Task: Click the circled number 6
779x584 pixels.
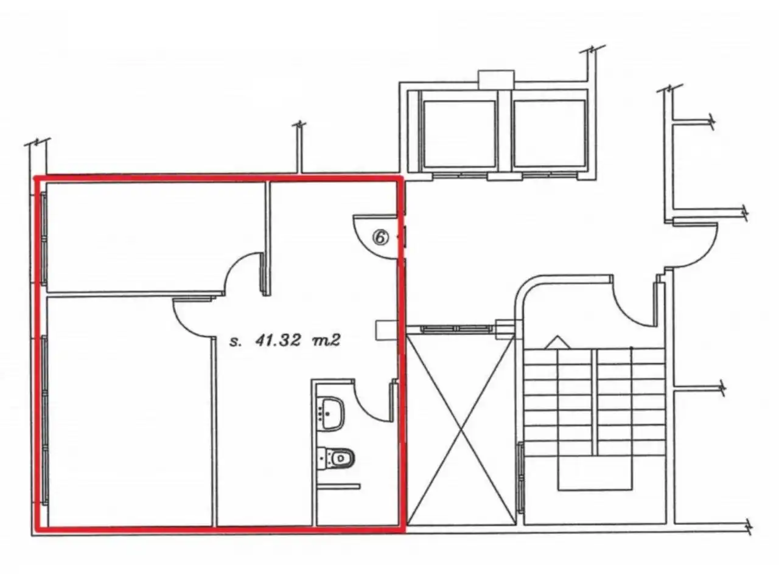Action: [x=380, y=237]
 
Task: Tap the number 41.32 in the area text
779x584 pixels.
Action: [x=278, y=341]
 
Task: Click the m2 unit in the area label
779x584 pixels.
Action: [x=326, y=341]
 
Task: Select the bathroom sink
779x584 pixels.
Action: [x=332, y=414]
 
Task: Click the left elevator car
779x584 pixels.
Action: [x=459, y=134]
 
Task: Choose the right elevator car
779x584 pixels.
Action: [x=549, y=134]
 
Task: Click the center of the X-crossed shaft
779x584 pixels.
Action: [x=461, y=430]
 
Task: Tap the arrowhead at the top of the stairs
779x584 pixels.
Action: [x=557, y=342]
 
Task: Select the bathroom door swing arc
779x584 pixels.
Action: [x=366, y=408]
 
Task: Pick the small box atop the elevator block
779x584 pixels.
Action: [x=496, y=79]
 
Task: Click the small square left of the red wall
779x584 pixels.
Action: [x=386, y=330]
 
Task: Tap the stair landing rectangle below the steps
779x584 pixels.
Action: [x=595, y=473]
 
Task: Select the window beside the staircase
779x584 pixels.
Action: [x=520, y=478]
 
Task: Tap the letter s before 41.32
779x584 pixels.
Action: [x=234, y=342]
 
